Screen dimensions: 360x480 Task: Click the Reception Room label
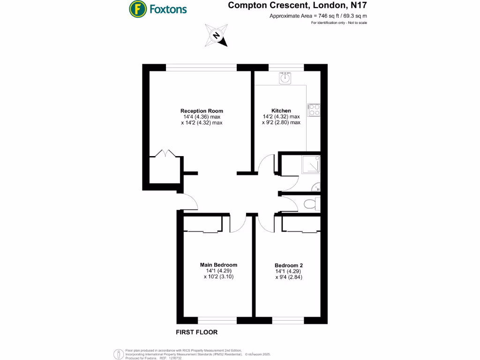[202, 111]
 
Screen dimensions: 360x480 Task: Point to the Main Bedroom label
[218, 264]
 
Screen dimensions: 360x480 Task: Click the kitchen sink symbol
[285, 78]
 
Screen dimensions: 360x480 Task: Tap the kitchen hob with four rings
[314, 110]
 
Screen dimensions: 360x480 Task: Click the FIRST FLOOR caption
[196, 332]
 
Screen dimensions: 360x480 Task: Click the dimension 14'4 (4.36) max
[202, 117]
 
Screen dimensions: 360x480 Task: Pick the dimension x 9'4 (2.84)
[289, 277]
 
